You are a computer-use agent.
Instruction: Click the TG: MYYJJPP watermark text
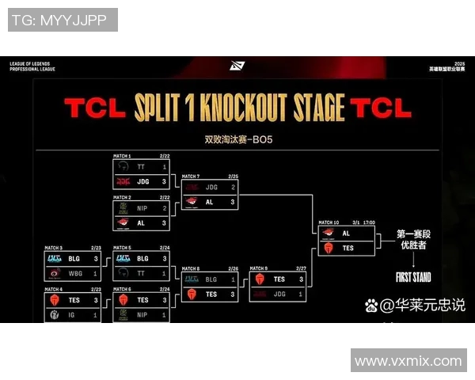click(62, 20)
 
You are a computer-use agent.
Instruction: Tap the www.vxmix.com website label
click(408, 361)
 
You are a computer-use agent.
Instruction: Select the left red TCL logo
click(94, 108)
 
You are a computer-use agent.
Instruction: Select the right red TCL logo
click(380, 108)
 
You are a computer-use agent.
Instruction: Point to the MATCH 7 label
click(190, 176)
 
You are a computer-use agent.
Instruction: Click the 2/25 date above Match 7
click(234, 176)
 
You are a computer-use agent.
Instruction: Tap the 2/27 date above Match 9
click(302, 268)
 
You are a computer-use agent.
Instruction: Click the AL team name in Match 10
click(347, 234)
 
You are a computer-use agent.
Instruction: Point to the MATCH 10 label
click(329, 222)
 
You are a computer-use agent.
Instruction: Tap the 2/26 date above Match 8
click(234, 268)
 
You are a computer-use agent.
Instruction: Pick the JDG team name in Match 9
click(279, 294)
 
